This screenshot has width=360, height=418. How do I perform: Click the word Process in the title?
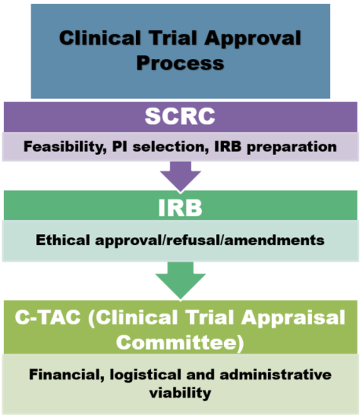[x=180, y=63]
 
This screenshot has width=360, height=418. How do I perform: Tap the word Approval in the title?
[x=253, y=39]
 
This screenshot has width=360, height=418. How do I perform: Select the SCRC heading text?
[x=180, y=116]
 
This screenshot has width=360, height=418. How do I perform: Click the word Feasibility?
[x=65, y=147]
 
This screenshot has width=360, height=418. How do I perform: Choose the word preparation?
[x=292, y=148]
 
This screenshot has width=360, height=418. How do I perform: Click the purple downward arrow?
[x=180, y=176]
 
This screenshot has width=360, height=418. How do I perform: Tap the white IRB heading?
[x=180, y=207]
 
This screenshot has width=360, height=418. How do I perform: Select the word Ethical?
[x=63, y=240]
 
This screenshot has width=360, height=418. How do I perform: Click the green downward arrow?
[x=180, y=280]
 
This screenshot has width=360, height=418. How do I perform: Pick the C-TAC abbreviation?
[x=48, y=317]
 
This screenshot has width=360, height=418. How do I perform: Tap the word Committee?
[x=176, y=343]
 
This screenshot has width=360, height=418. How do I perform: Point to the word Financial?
[x=67, y=375]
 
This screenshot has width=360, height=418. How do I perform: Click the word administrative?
[x=275, y=374]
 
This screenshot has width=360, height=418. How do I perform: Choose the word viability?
[x=180, y=393]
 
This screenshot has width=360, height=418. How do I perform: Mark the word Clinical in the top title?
[x=100, y=38]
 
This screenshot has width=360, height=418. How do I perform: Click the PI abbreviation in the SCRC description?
[x=119, y=146]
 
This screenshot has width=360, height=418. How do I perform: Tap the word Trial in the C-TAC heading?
[x=209, y=317]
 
